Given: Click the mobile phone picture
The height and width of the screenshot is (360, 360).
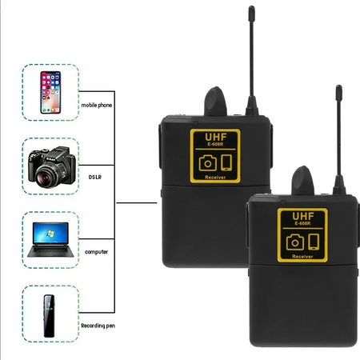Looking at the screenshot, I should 50,92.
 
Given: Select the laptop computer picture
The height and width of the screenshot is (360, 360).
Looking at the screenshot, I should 50,239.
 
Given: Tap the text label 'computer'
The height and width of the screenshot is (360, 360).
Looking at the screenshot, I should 94,252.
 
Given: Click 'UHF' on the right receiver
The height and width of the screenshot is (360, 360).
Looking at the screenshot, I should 302,217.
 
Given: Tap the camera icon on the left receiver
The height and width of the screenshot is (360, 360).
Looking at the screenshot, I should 207,162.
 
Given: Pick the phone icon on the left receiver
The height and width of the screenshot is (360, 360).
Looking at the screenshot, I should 226,162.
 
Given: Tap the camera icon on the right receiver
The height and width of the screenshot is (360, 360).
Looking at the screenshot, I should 294,242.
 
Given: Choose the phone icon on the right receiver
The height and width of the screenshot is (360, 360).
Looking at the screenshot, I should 314,241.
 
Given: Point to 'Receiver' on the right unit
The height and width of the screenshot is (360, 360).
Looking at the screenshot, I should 302,256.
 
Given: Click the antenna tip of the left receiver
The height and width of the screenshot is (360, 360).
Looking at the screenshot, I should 251,12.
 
